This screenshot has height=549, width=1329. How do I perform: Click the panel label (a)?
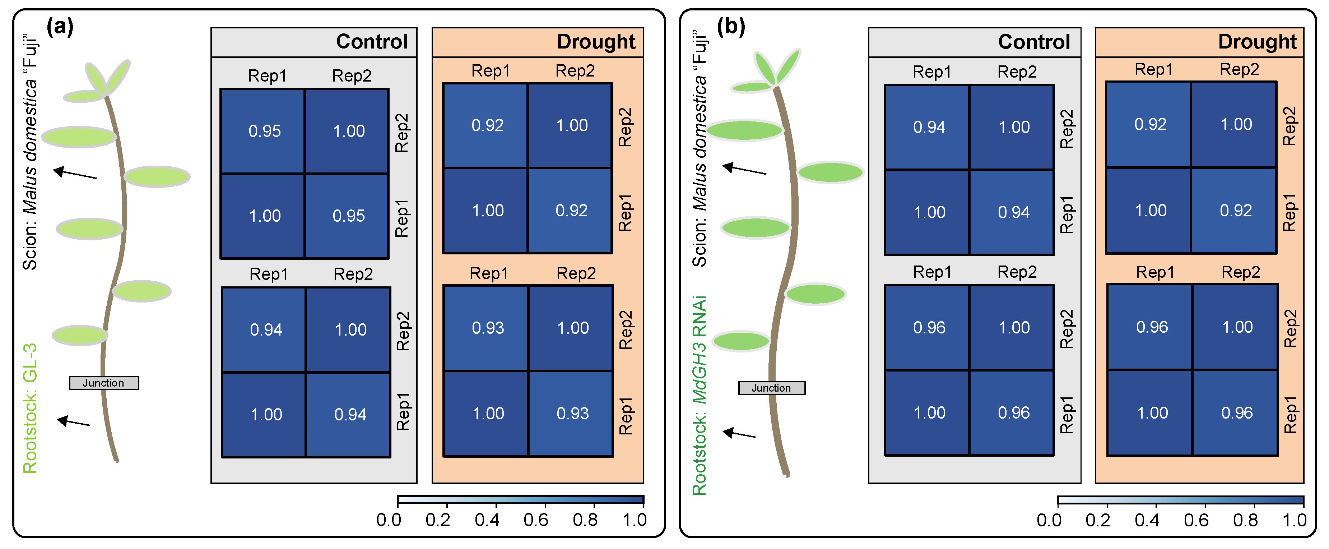coord(60,26)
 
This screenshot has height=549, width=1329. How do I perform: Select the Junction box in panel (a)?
coord(104,383)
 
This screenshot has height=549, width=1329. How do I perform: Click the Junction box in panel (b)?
coord(771,388)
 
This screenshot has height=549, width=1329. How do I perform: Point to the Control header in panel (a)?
coord(371,42)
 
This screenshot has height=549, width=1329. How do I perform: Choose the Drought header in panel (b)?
coord(1257,42)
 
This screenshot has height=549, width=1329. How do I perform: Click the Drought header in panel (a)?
coord(595,42)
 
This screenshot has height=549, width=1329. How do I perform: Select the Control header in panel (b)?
coord(1033,42)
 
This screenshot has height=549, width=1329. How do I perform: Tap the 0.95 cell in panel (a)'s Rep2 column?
coord(348,216)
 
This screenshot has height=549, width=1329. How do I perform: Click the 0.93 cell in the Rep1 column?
coord(488,328)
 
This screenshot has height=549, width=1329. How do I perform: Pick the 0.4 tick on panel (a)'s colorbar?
coord(487,520)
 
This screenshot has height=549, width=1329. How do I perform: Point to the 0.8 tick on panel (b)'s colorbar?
coord(1245,520)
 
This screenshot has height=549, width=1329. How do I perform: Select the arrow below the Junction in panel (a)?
coord(74,422)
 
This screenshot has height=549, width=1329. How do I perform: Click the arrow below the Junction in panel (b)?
coord(739,433)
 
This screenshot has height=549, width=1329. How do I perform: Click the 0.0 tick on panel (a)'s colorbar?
coord(389,520)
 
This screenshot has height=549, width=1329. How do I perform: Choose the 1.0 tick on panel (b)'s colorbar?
coord(1294,520)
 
